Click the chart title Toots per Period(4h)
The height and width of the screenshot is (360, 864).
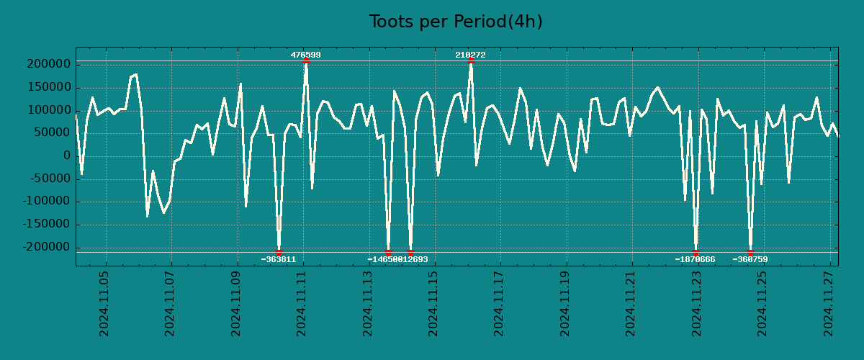[x=455, y=22]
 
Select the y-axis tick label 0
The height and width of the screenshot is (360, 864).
[x=66, y=156]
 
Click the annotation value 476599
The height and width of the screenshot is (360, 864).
[x=305, y=55]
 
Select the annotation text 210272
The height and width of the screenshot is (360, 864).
[x=470, y=55]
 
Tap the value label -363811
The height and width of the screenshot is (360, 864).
[x=278, y=259]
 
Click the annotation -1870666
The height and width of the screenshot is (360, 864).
[x=695, y=259]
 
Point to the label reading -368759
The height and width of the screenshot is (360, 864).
[x=750, y=259]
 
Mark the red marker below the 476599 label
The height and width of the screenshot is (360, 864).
[x=306, y=61]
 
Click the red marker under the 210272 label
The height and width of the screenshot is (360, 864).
[x=471, y=61]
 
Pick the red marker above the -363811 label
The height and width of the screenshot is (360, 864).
[x=279, y=252]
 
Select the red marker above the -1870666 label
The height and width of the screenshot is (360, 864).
[x=696, y=252]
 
